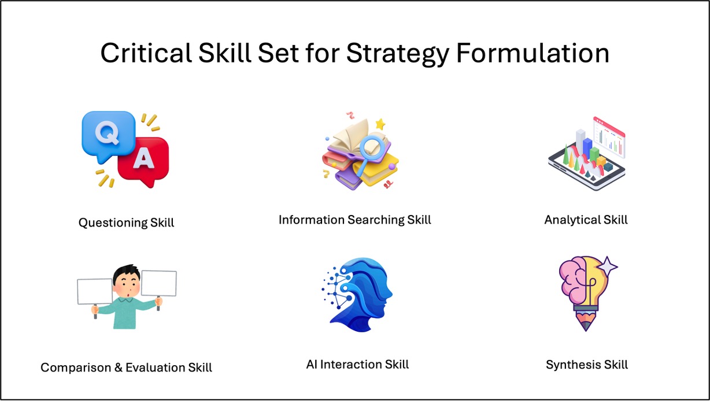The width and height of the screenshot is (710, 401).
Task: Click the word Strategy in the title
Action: tap(398, 54)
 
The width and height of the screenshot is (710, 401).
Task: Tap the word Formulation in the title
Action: tap(533, 53)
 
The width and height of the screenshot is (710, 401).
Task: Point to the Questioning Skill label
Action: tap(126, 222)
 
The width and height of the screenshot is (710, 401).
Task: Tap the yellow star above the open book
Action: tap(380, 124)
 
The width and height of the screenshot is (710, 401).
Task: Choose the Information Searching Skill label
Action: tap(354, 220)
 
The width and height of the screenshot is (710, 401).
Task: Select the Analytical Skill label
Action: tap(586, 220)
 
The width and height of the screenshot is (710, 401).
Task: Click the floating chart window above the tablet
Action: tap(609, 137)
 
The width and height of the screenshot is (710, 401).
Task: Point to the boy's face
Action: tap(127, 284)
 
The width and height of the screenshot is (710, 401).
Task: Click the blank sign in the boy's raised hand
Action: tap(159, 283)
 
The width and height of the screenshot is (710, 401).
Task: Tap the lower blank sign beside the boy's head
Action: tap(95, 291)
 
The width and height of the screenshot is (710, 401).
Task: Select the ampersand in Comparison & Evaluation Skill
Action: tap(118, 367)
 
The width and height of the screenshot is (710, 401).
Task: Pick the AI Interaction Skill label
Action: tap(357, 365)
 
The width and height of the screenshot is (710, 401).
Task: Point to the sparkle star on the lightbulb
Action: tap(607, 266)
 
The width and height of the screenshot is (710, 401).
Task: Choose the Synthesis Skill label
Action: tap(587, 365)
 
